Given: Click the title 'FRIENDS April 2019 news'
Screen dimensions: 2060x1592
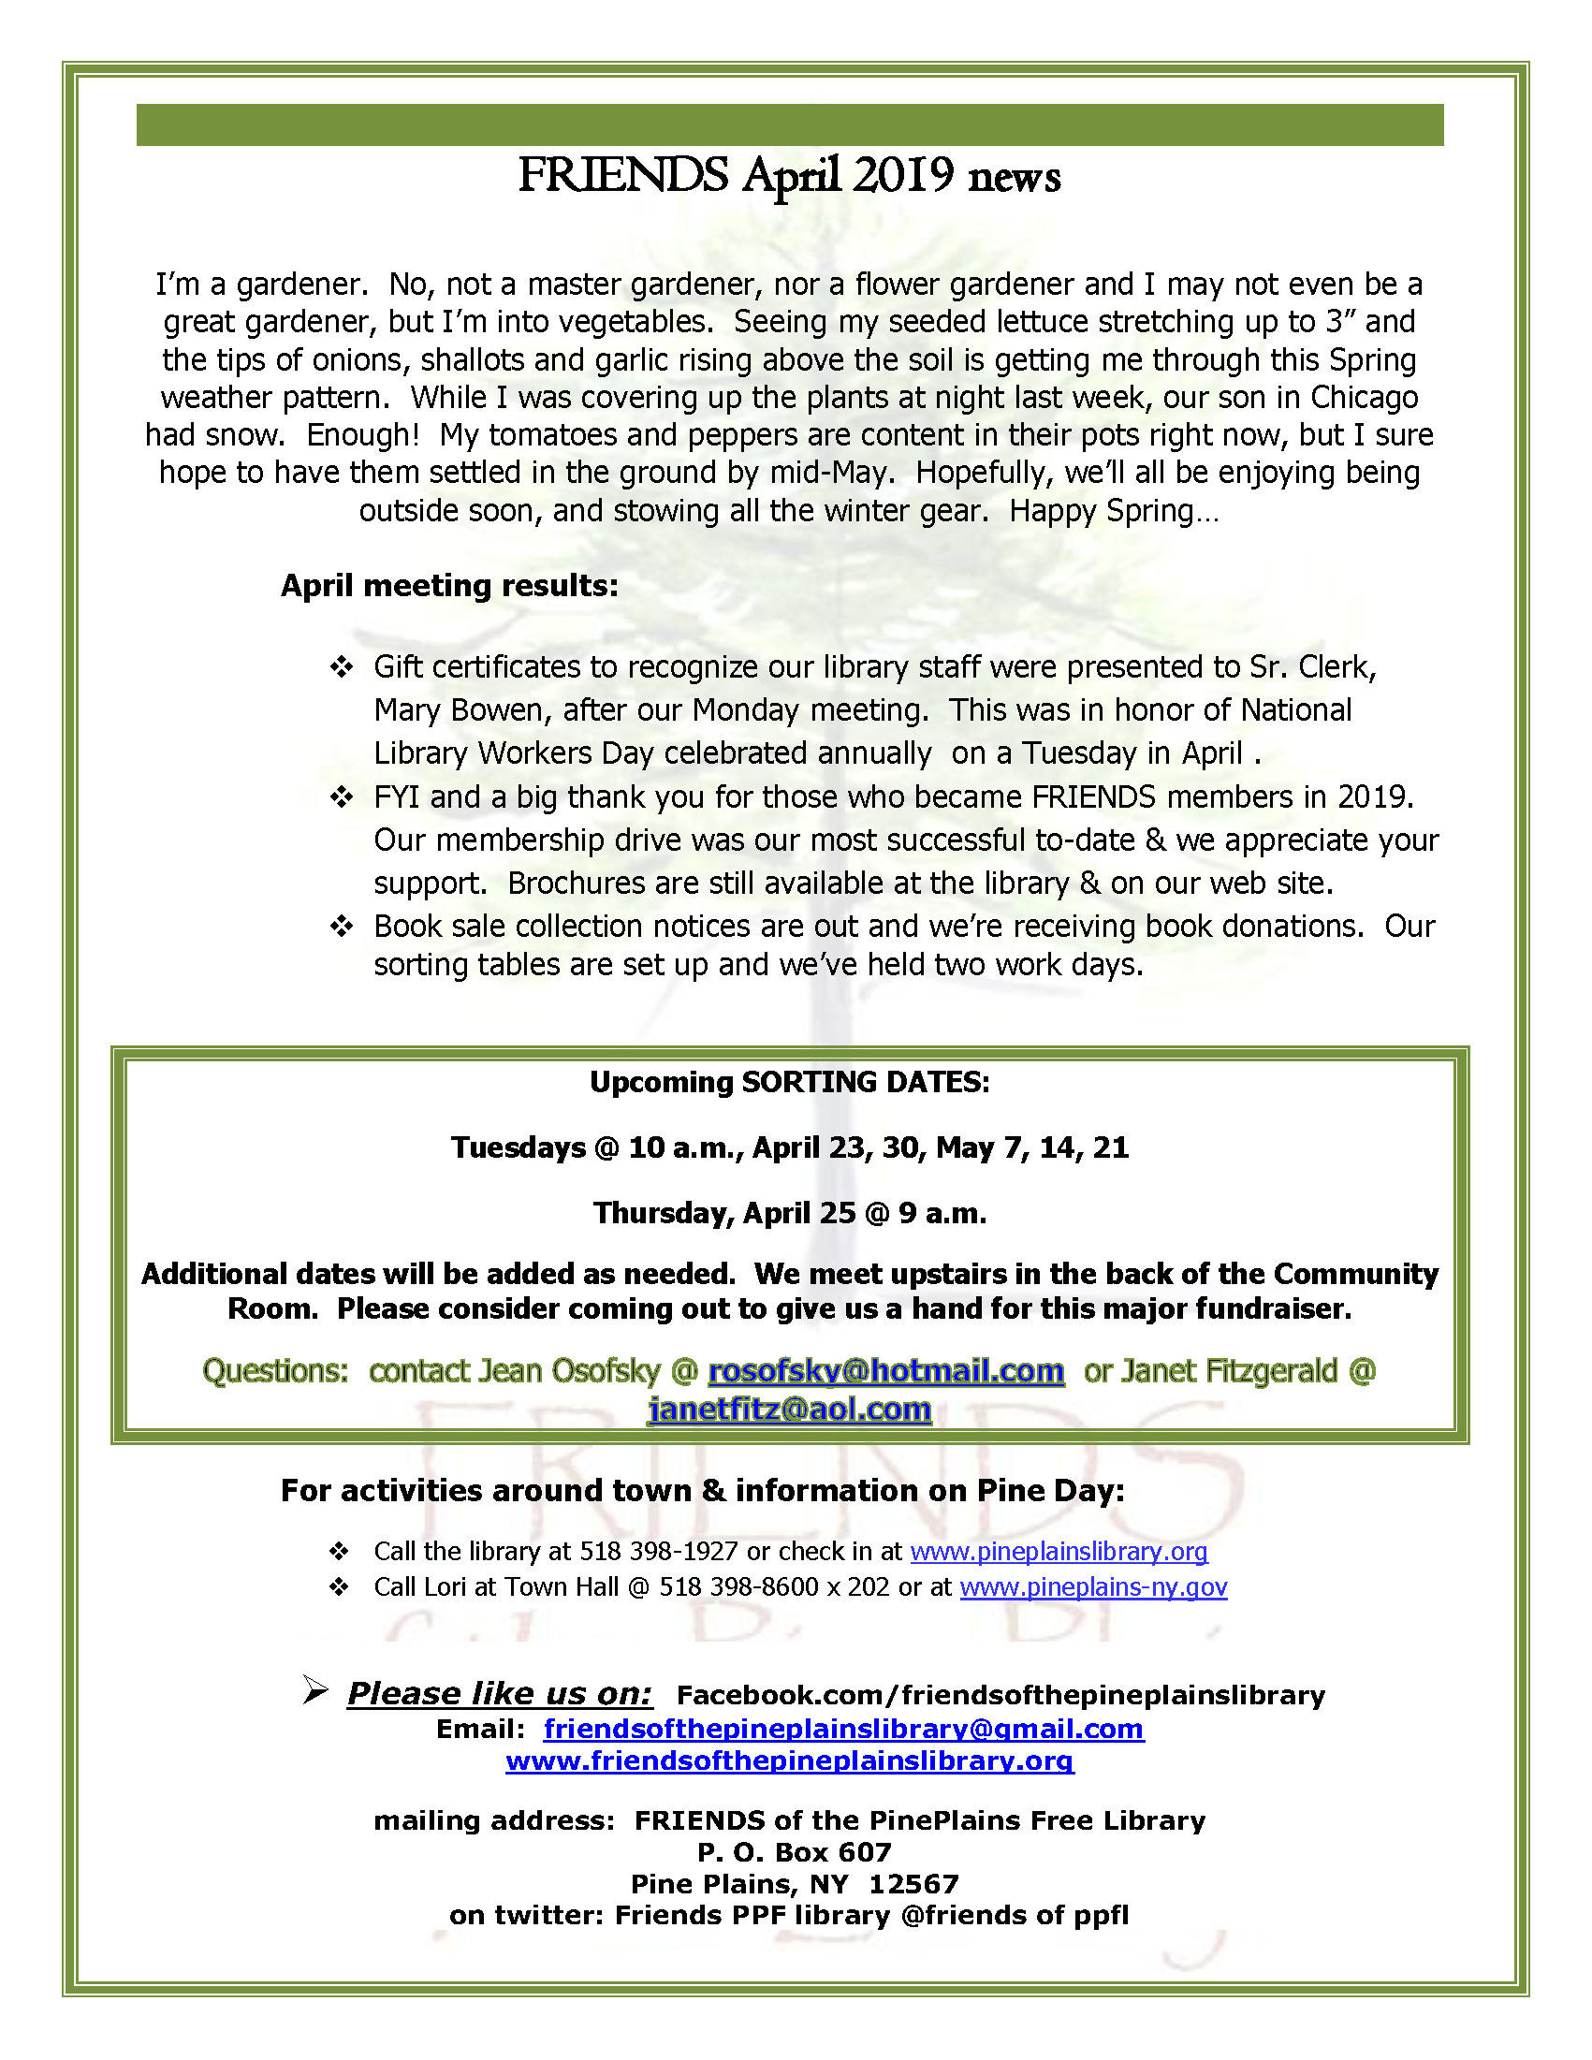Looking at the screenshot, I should (x=789, y=176).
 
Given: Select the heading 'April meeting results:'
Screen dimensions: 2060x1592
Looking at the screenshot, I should (x=449, y=586).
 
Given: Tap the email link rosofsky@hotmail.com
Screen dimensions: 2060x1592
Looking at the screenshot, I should (x=885, y=1370).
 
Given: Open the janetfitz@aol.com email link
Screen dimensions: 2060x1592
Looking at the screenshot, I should (x=789, y=1410).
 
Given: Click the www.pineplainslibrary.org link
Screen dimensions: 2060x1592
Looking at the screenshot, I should (x=1059, y=1552).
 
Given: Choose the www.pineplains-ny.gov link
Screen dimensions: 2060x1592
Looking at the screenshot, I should (x=1093, y=1586).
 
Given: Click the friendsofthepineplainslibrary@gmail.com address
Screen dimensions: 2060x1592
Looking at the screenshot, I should (x=843, y=1729).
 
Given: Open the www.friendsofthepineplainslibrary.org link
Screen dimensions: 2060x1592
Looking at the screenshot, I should (x=789, y=1761).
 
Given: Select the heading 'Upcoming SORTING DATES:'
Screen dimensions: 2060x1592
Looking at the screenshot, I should (x=789, y=1082).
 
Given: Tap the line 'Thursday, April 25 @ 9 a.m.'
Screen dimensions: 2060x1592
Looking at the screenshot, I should (x=789, y=1213).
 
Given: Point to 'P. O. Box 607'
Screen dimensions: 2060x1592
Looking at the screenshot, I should (x=794, y=1852).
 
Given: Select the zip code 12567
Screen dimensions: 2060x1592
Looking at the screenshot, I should (x=913, y=1885).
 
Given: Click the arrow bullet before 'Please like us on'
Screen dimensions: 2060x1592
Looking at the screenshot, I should (x=315, y=1690).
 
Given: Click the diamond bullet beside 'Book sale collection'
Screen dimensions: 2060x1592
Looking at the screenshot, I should (x=341, y=927).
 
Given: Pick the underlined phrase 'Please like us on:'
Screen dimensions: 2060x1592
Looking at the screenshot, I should (x=499, y=1694).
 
